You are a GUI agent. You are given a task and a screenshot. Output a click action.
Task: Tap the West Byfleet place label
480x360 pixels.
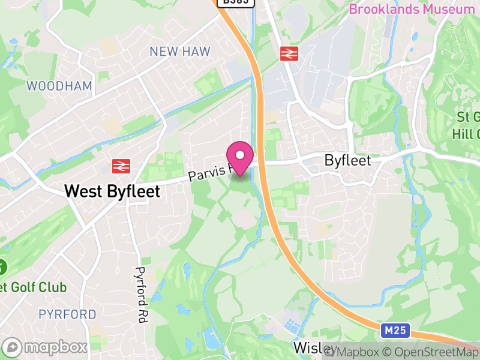click(112, 191)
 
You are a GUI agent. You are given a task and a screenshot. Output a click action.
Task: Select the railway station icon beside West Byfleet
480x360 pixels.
click(121, 166)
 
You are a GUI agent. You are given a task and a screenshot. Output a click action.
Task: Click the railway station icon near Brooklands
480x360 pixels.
click(289, 54)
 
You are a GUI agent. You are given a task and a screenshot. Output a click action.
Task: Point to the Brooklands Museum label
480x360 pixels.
click(412, 10)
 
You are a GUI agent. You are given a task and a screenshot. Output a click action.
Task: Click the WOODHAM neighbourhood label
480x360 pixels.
click(59, 86)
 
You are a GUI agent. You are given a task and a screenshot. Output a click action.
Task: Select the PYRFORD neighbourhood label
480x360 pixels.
click(67, 314)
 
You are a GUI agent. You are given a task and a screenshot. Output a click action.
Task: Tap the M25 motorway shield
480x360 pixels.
click(391, 331)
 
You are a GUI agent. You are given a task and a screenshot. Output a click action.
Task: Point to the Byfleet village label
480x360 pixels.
click(348, 161)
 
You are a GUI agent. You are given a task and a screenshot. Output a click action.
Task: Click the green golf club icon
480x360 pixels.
click(2, 266)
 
